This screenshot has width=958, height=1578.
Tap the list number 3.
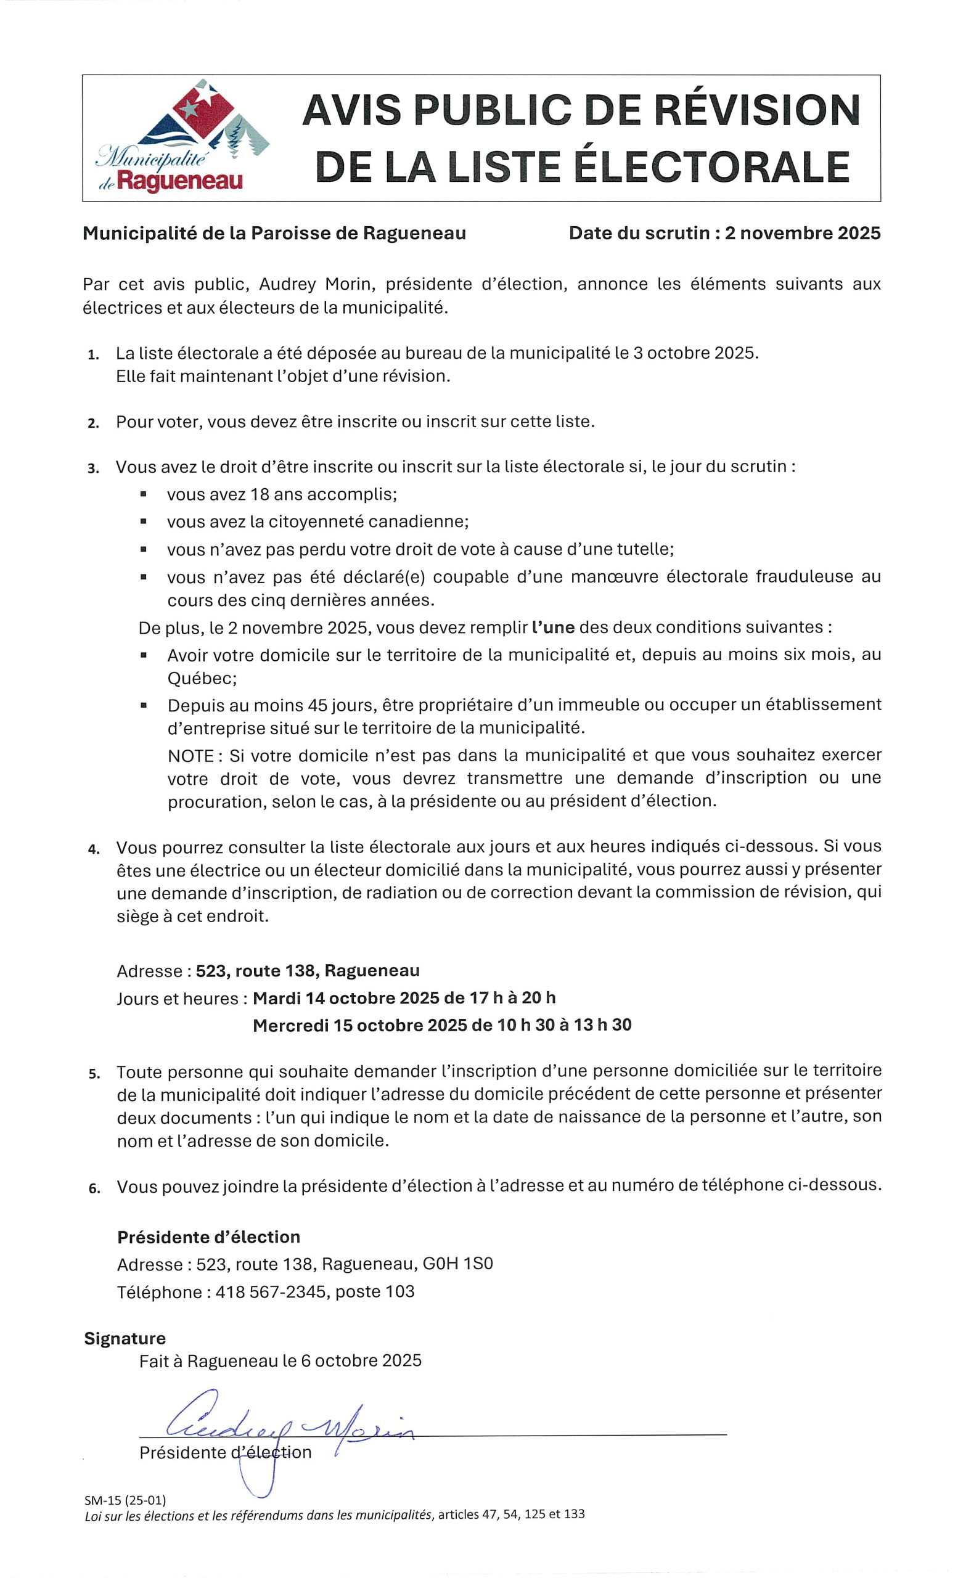pyautogui.click(x=94, y=468)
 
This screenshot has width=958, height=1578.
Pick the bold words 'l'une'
pyautogui.click(x=553, y=627)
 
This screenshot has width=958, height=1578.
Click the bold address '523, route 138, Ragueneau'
pyautogui.click(x=308, y=970)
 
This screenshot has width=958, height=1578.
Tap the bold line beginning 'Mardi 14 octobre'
pyautogui.click(x=404, y=998)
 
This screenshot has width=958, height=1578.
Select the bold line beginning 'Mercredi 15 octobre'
pyautogui.click(x=442, y=1025)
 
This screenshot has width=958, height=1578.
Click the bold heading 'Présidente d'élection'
pyautogui.click(x=208, y=1237)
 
